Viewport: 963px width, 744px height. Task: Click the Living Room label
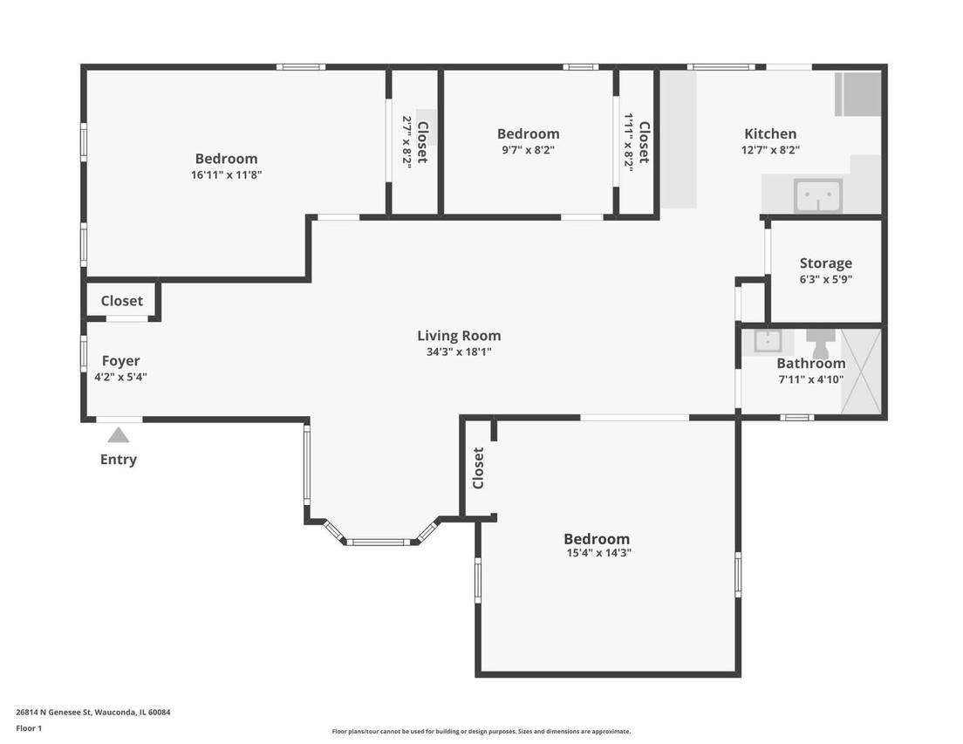pos(459,336)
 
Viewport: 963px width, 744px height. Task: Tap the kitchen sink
pos(817,195)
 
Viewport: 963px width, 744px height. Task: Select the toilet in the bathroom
pos(820,343)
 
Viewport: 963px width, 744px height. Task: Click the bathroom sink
pos(767,341)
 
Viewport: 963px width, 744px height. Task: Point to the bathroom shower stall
pos(861,371)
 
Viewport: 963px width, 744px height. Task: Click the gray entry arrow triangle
pos(119,435)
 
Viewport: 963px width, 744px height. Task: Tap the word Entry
pos(119,460)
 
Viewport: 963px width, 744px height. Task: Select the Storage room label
pos(825,263)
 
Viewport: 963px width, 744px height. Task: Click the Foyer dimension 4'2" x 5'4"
pos(120,377)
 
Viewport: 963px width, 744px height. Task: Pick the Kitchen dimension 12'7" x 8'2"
pos(770,150)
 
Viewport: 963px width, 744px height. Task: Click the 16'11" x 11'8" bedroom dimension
pos(226,175)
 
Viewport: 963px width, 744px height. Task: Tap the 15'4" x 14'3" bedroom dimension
pos(598,552)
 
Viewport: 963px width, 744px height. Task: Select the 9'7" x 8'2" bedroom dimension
pos(528,150)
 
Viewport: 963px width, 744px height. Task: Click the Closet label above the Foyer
pos(121,301)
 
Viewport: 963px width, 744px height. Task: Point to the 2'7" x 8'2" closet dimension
pos(406,141)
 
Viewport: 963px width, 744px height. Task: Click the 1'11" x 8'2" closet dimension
pos(628,140)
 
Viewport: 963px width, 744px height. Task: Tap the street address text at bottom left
pos(93,713)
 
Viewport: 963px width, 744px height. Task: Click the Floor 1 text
pos(29,728)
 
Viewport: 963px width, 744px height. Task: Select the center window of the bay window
pos(379,542)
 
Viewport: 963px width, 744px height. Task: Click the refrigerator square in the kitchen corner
pos(858,94)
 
